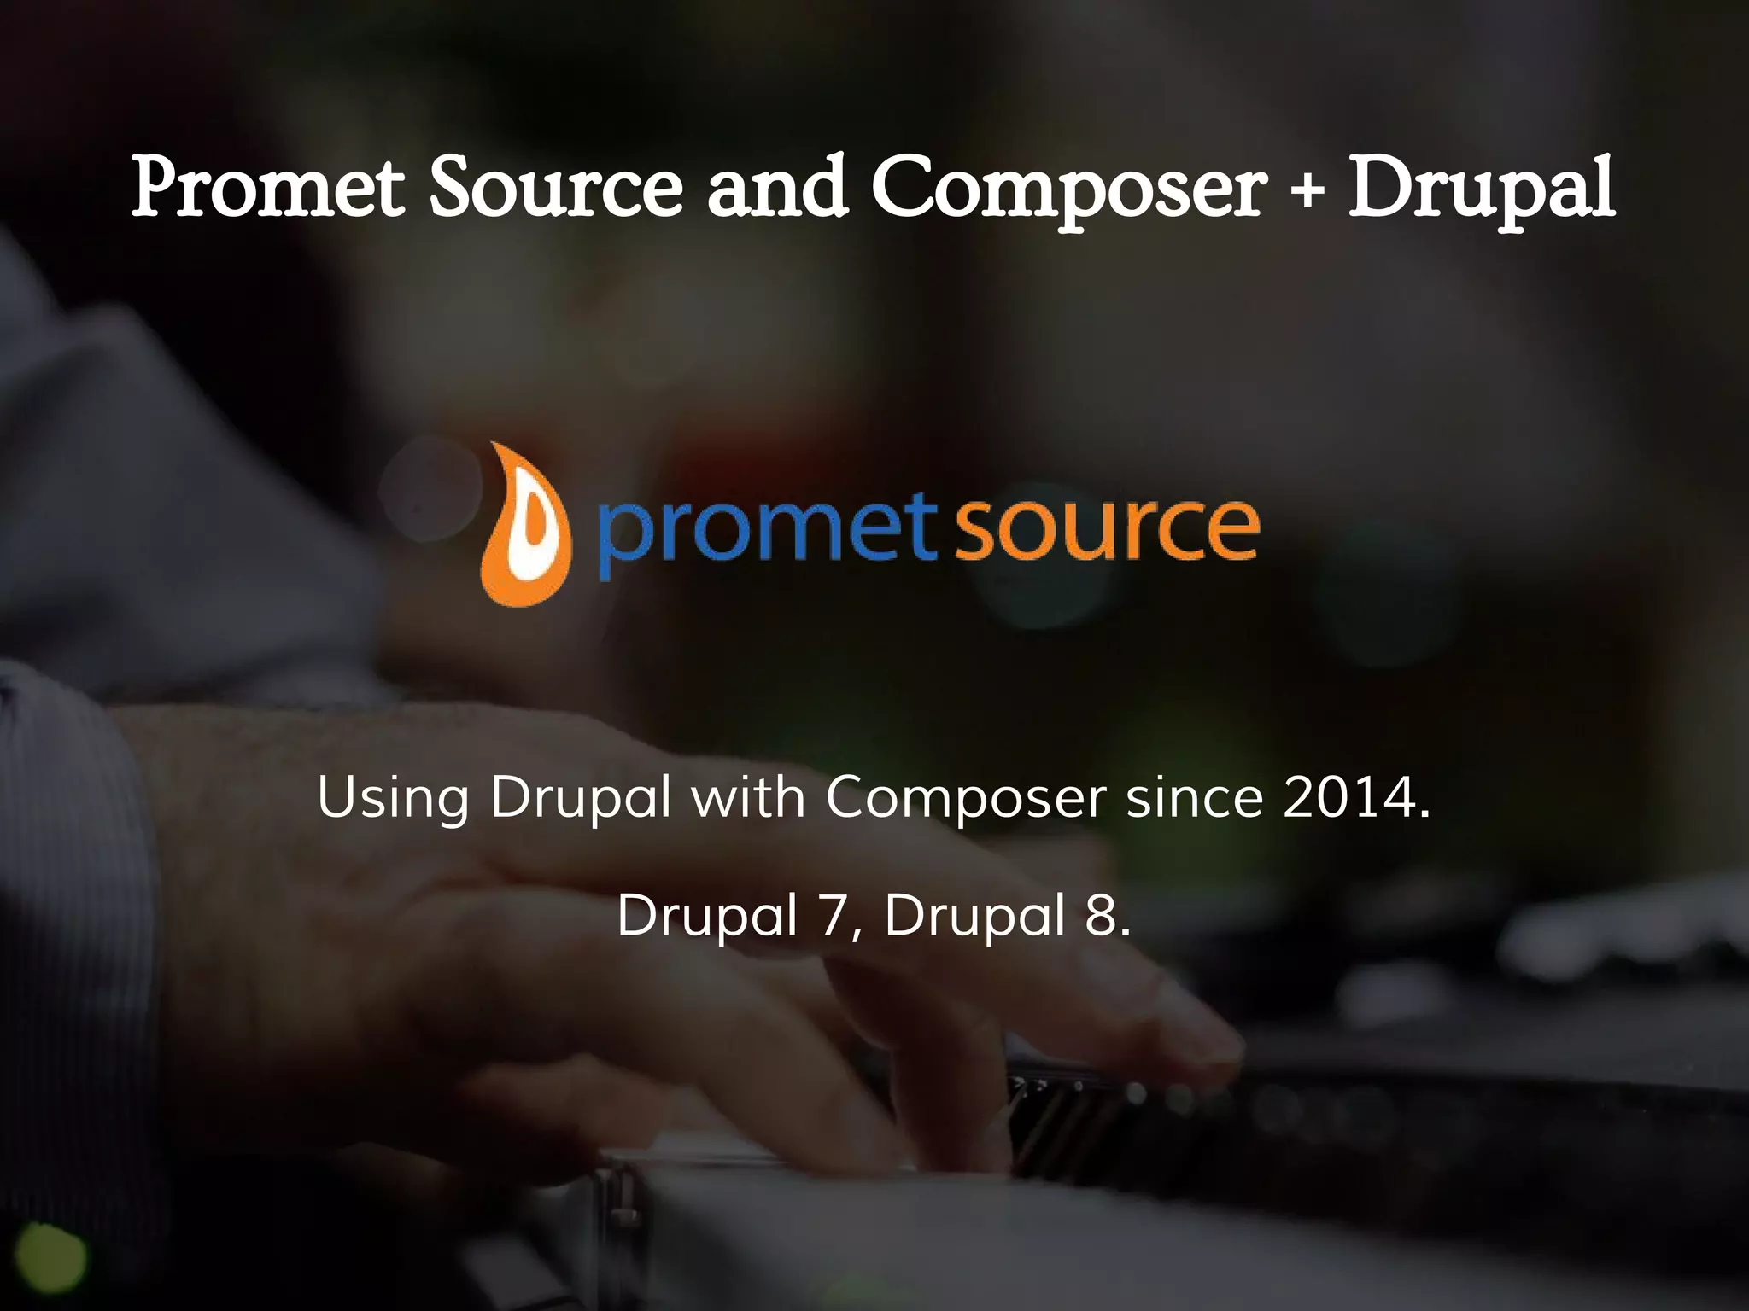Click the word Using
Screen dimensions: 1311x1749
(x=393, y=799)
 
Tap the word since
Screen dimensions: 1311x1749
(x=1194, y=797)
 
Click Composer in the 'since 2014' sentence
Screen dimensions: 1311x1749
(x=966, y=799)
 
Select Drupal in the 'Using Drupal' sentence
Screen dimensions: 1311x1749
(x=581, y=799)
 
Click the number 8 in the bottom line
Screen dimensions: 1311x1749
(x=1103, y=916)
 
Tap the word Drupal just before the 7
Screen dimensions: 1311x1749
(x=707, y=916)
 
